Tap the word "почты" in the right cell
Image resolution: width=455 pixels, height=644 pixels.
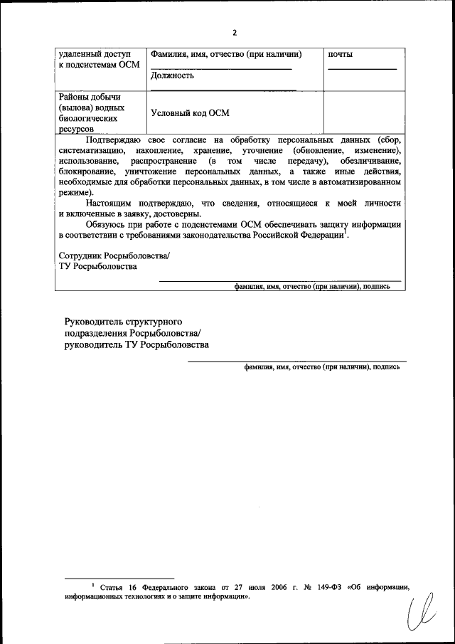pyautogui.click(x=341, y=54)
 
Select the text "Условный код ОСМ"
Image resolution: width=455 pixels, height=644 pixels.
pyautogui.click(x=191, y=112)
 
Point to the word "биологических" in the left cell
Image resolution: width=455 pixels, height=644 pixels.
pyautogui.click(x=90, y=120)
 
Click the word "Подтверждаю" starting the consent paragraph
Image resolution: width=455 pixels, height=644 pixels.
pyautogui.click(x=114, y=140)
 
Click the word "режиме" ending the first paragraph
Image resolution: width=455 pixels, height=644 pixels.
pyautogui.click(x=74, y=193)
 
